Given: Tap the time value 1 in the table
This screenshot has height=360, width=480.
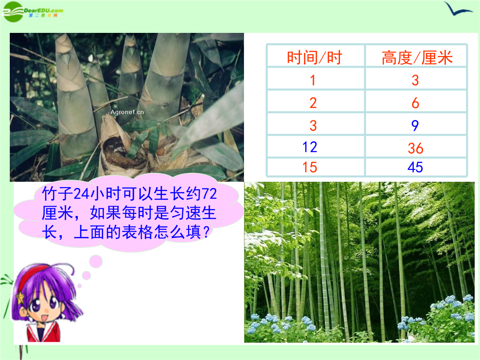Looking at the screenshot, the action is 312,80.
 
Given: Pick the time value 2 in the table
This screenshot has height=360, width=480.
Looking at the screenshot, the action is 313,103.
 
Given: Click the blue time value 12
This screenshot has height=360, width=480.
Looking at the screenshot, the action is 309,147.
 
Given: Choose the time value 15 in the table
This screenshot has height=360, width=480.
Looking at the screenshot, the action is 309,167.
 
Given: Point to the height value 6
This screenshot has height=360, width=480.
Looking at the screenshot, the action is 416,103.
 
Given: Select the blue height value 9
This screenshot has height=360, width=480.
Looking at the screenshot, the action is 415,125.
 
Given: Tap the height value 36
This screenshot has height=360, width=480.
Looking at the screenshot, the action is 416,148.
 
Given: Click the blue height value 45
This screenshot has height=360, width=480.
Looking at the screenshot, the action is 416,167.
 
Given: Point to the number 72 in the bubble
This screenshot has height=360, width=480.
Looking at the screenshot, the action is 209,193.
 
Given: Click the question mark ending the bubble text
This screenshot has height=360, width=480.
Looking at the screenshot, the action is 206,232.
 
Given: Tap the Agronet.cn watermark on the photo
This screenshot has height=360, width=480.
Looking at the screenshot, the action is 127,112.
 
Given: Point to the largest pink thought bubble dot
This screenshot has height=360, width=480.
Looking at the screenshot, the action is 96,262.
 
